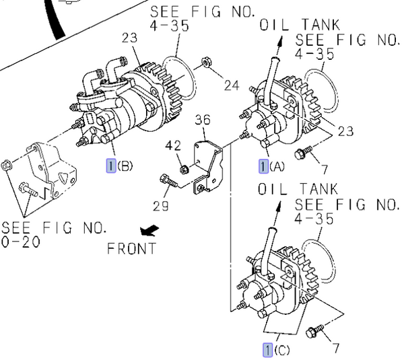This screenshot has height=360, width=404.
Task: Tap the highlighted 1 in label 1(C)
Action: [268, 349]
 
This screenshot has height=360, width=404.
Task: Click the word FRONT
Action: [132, 248]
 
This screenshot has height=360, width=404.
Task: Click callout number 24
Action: [232, 85]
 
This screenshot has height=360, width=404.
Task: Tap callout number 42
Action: [173, 145]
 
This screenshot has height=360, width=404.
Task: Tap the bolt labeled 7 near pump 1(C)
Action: [314, 332]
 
